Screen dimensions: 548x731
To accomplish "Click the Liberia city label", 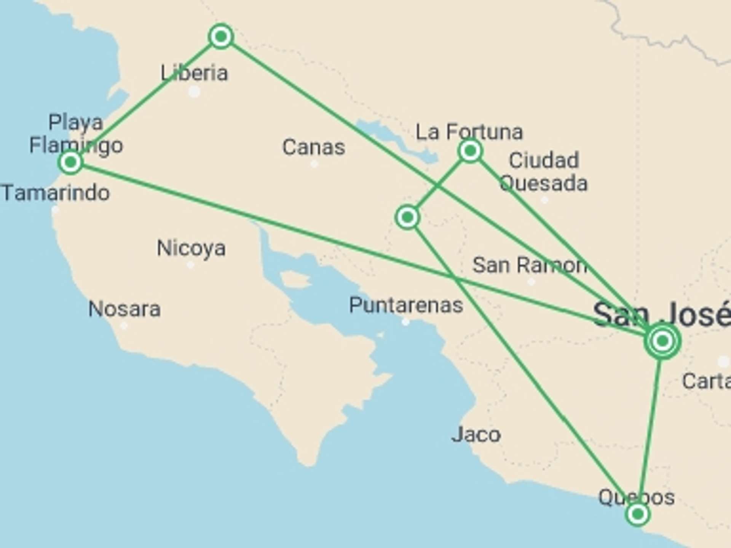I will point(194,73).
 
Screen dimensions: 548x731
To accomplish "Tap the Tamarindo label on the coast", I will point(56,193).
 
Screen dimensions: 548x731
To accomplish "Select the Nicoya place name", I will point(191,248).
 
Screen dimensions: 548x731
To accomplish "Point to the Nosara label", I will point(124,309).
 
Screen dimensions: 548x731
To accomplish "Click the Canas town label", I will point(313,147).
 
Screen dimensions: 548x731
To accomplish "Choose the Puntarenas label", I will point(406,305).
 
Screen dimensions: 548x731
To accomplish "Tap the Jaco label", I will point(476,434).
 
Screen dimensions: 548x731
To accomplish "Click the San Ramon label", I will point(529,265).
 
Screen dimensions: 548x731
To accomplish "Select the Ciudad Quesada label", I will point(544,172).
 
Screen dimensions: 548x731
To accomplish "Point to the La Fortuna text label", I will point(469,132).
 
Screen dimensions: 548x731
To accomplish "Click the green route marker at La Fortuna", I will point(470,151).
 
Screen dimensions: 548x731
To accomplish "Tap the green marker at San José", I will point(662,341).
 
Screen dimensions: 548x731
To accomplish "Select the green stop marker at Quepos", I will point(637,515).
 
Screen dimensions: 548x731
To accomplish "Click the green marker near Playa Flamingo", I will point(70,162).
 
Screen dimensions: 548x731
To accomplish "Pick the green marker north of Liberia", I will point(221,37).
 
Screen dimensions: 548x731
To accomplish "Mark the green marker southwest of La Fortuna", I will point(407,217).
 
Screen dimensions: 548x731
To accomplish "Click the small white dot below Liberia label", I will point(194,92).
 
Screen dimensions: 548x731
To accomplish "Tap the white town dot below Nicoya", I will point(190,265).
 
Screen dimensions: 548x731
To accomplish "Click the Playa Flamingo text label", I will point(76,134).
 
